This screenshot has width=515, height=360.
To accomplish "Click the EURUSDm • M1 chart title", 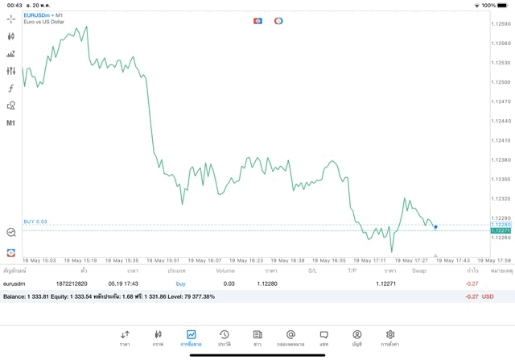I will (43, 15).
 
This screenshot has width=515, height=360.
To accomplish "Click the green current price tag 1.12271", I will (500, 230).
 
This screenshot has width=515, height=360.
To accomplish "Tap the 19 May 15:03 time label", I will (39, 261).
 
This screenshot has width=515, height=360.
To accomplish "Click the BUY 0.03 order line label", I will (35, 221).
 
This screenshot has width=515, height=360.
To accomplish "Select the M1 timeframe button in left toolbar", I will (10, 123).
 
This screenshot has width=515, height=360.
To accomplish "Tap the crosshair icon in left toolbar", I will (10, 18).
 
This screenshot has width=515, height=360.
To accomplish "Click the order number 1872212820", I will (71, 283).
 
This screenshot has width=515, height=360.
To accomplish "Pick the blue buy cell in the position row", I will (180, 283).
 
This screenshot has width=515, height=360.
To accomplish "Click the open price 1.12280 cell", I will (266, 283).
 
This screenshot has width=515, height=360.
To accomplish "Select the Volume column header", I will (225, 271).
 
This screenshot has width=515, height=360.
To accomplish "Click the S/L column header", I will (312, 271).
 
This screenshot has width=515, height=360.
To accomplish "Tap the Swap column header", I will (419, 271).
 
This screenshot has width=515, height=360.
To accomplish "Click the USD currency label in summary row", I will (488, 296).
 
